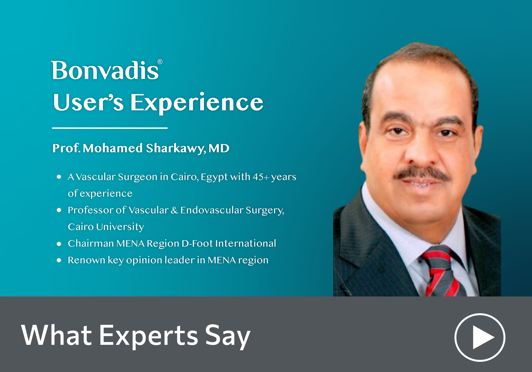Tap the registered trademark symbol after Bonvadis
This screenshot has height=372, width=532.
click(x=160, y=62)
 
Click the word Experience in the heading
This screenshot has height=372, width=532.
click(x=197, y=102)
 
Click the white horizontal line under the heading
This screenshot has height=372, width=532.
click(x=110, y=128)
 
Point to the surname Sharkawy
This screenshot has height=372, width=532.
click(x=176, y=148)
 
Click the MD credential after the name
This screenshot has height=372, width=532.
click(x=219, y=148)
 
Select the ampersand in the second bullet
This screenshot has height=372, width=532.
click(x=174, y=210)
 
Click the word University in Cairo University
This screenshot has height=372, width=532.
click(x=120, y=227)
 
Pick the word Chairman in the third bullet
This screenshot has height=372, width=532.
click(x=91, y=243)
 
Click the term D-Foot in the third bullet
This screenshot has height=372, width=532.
click(x=197, y=243)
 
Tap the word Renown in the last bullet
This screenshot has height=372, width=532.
click(x=86, y=260)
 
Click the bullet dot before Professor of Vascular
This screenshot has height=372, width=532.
click(x=59, y=210)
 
